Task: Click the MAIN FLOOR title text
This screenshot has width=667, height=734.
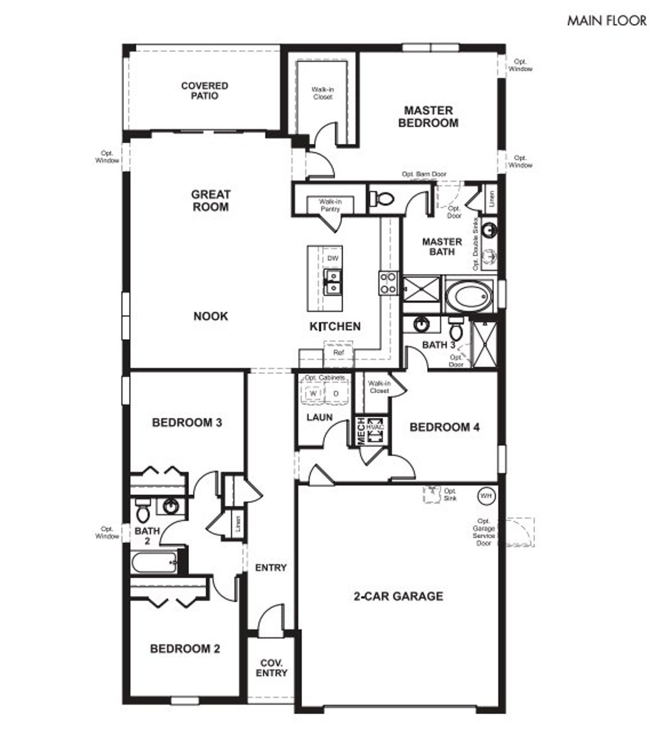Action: click(x=607, y=21)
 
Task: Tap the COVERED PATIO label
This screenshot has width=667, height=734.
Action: click(x=204, y=91)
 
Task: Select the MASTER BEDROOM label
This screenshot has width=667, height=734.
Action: click(x=428, y=117)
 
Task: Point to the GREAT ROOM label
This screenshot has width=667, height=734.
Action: click(x=211, y=201)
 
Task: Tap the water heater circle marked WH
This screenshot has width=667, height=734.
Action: click(x=486, y=495)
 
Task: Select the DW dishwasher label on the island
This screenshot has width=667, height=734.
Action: click(x=332, y=259)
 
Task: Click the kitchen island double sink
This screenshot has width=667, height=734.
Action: click(x=332, y=281)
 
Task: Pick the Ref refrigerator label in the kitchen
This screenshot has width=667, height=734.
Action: click(x=338, y=353)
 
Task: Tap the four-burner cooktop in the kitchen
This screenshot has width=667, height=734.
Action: click(x=388, y=284)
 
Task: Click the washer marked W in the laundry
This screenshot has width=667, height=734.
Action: click(x=313, y=393)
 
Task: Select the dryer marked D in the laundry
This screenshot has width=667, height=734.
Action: click(x=336, y=393)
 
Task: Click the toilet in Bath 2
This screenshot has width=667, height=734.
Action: click(x=142, y=512)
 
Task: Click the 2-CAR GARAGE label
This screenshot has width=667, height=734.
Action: click(x=398, y=596)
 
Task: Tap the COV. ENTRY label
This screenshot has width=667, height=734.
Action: click(x=271, y=668)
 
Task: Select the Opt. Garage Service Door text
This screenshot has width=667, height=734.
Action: click(x=484, y=532)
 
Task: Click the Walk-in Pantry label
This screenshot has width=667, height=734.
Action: click(x=330, y=205)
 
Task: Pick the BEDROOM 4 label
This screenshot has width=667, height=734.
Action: click(x=444, y=427)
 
